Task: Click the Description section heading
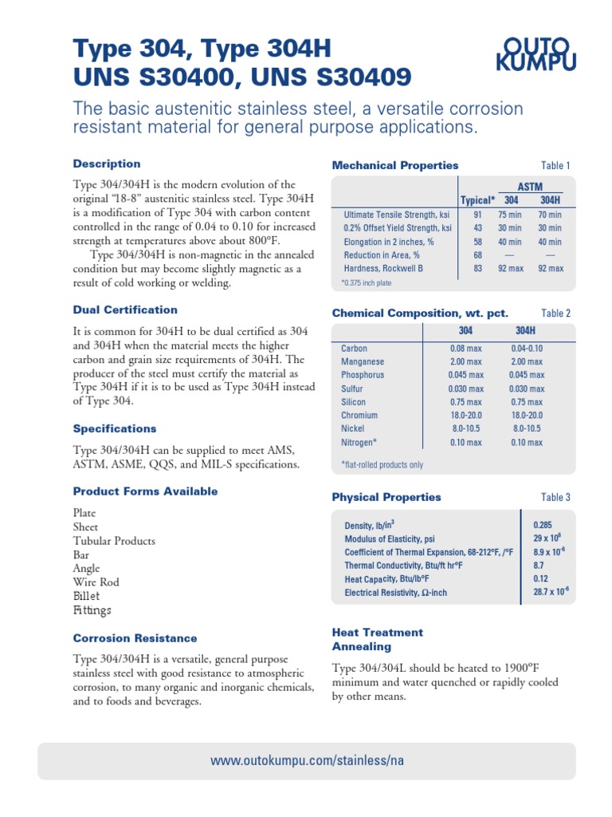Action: click(107, 164)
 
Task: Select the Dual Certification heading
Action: click(125, 310)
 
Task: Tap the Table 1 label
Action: click(555, 166)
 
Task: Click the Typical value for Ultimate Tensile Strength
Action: click(478, 215)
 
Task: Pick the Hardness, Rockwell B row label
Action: click(383, 268)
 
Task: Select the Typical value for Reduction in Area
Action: click(478, 255)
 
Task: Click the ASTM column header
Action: click(530, 186)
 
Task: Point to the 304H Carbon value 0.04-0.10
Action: click(527, 349)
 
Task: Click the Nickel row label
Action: click(352, 428)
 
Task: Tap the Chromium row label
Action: click(359, 415)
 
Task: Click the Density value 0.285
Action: click(542, 526)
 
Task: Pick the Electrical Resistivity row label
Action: click(395, 593)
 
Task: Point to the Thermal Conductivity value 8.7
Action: click(539, 566)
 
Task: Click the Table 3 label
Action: click(555, 498)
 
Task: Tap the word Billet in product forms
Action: click(87, 596)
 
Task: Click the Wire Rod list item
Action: click(96, 582)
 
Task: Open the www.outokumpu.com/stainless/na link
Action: click(307, 760)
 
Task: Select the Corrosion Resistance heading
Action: click(135, 638)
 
